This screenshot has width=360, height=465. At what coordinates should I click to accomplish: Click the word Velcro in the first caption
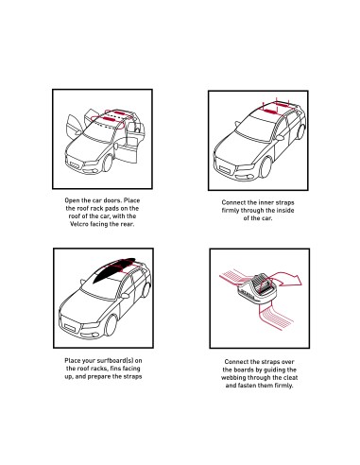tap(78, 224)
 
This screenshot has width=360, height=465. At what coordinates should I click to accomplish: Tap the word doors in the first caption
tap(111, 200)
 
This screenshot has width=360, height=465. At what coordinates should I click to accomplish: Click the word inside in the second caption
tap(284, 210)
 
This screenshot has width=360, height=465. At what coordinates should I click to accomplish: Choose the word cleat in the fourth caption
tap(290, 377)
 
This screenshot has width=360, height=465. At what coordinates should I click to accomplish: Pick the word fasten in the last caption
tap(249, 386)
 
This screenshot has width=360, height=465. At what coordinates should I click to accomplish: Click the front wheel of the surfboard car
tap(111, 325)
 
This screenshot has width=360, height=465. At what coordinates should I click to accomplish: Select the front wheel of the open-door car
tap(108, 163)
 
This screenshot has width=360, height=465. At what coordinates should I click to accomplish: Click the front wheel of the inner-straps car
tap(266, 167)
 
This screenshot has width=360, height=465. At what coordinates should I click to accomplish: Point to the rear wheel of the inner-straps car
tap(300, 131)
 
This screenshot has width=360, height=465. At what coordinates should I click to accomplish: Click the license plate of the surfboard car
tap(70, 328)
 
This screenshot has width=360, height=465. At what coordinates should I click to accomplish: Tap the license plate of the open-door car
tap(75, 165)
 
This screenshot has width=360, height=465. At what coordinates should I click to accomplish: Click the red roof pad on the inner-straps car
tap(269, 111)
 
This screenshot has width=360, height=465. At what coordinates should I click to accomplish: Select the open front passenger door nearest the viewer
tap(127, 151)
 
